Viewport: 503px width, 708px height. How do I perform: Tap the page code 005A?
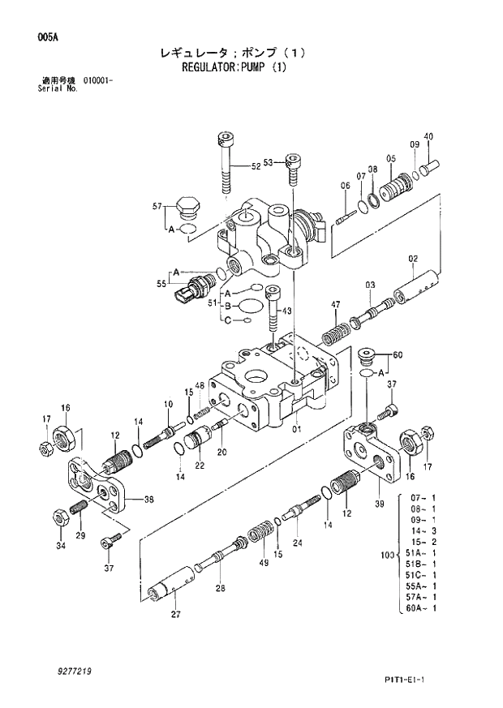coord(46,36)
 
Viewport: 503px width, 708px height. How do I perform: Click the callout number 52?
coord(256,166)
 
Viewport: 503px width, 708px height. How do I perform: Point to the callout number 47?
coord(334,304)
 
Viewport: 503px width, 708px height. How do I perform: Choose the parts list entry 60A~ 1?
coord(423,607)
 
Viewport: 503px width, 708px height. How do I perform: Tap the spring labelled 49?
coord(263,535)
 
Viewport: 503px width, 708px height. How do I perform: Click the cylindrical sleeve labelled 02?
coord(416,288)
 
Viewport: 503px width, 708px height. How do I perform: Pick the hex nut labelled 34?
coord(59,516)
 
